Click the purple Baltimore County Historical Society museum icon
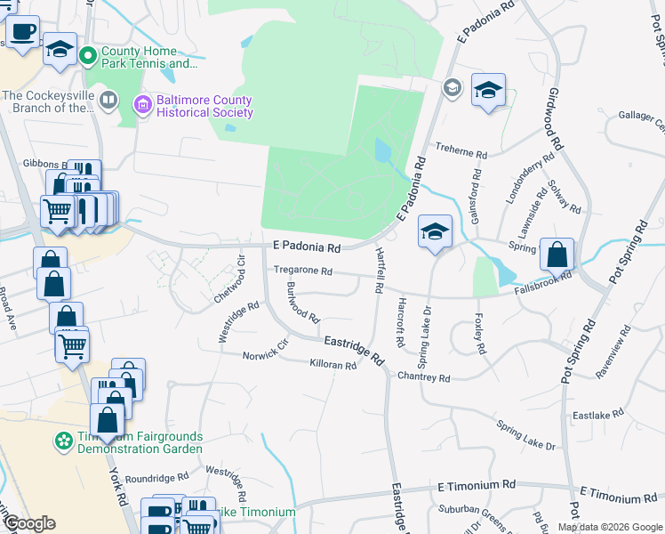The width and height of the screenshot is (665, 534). coord(142,107)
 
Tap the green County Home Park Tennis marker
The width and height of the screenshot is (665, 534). coord(88,57)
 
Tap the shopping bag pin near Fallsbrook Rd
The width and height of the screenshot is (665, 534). coord(557,255)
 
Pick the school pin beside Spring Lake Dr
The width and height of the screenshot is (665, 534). coord(434,232)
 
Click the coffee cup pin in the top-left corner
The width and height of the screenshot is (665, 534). coord(23,31)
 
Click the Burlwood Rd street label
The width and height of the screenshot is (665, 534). coord(303,303)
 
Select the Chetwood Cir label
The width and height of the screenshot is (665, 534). coord(228,277)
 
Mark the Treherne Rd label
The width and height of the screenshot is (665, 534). coord(460,153)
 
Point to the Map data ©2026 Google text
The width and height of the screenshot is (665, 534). coord(609,527)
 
